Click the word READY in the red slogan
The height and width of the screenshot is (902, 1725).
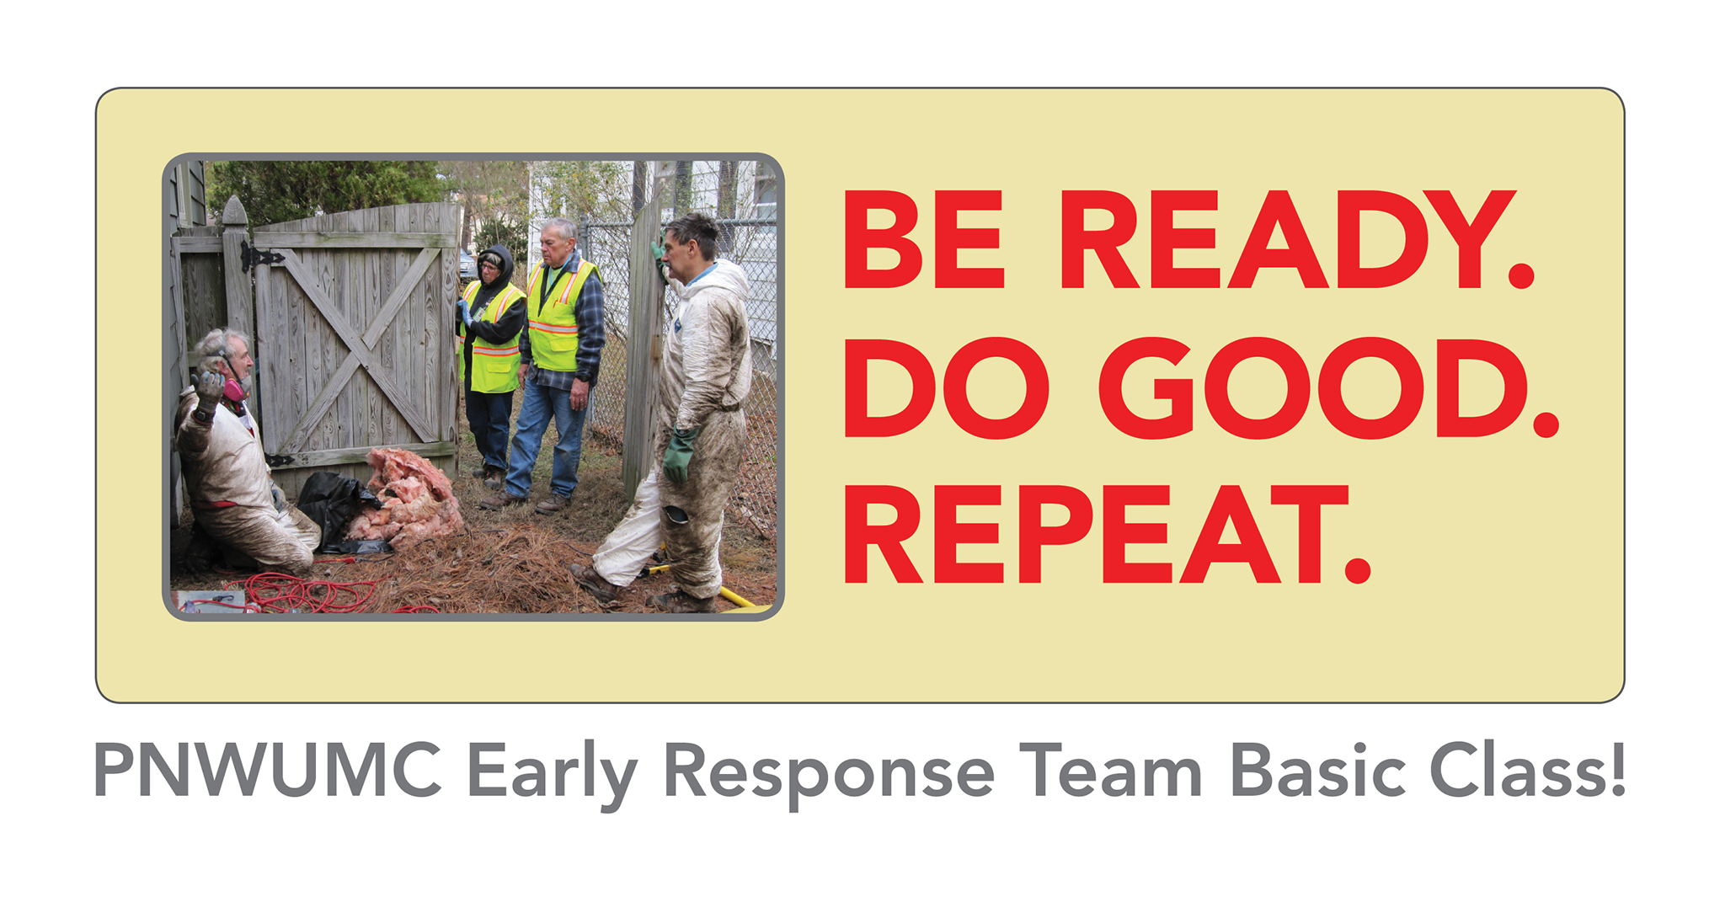[x=1296, y=240]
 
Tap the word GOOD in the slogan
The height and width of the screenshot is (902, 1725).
[x=1328, y=387]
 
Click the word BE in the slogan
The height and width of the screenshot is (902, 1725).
[x=924, y=240]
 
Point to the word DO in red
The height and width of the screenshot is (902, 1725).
[x=947, y=387]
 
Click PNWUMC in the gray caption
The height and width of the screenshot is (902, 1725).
[x=268, y=770]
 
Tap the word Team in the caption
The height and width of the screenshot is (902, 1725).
[x=1110, y=770]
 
